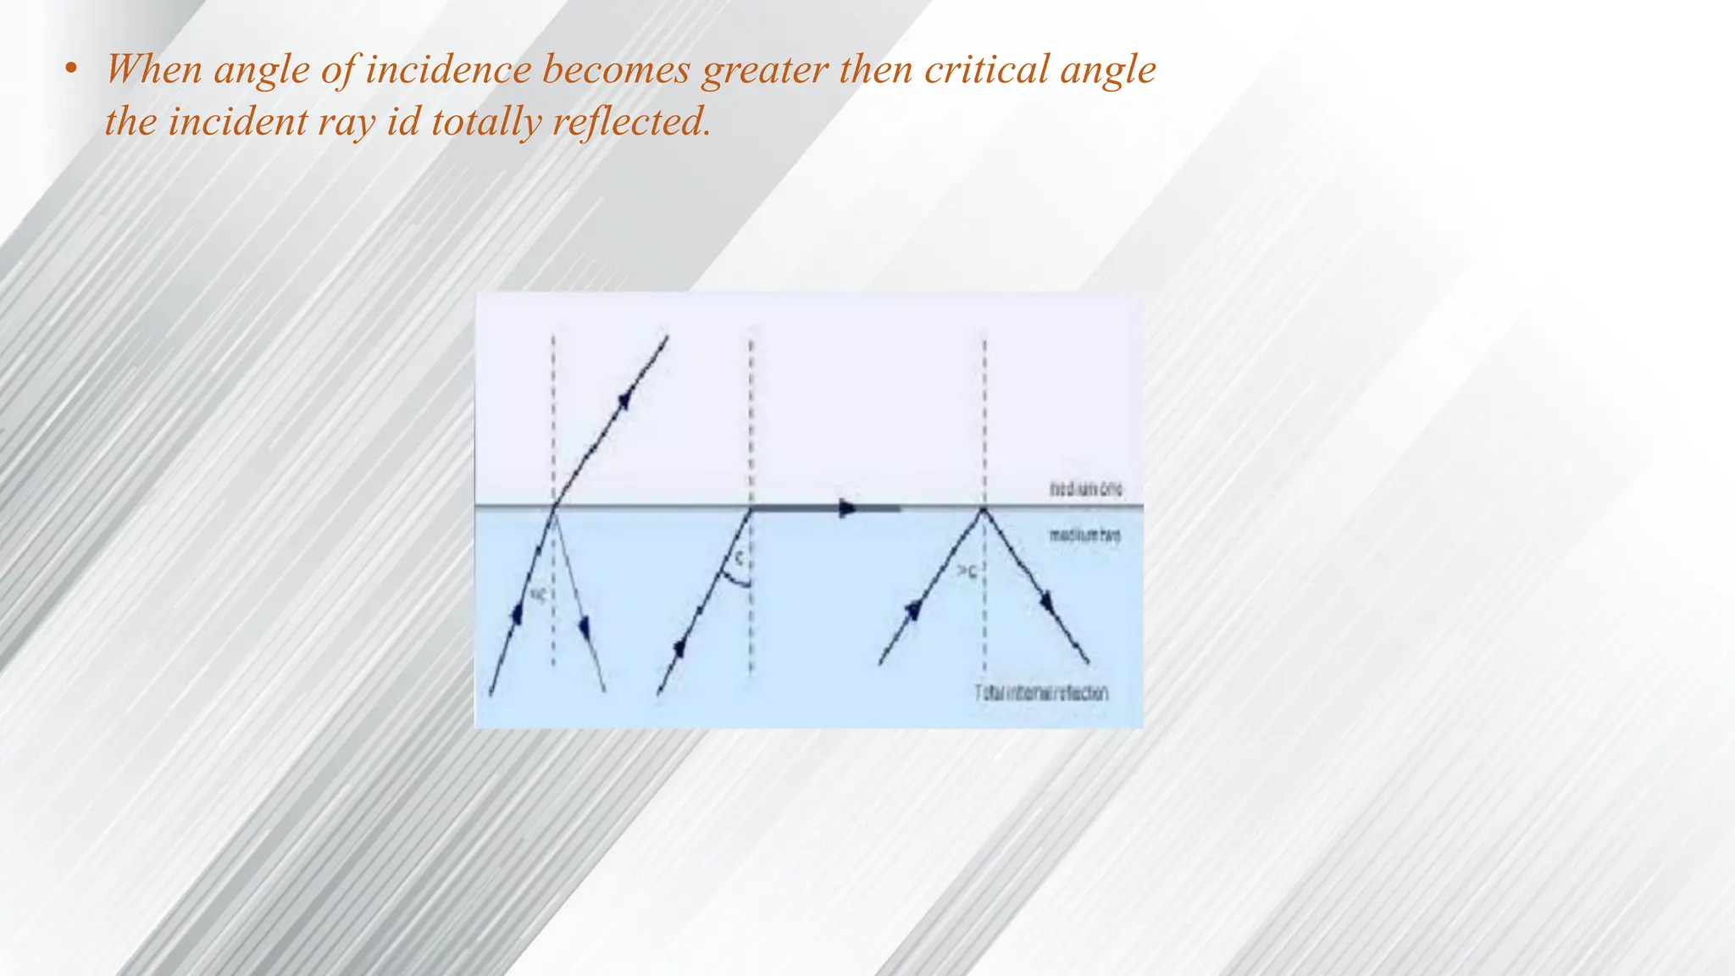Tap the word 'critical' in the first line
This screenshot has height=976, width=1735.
click(x=986, y=69)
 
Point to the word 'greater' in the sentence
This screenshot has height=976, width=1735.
click(x=766, y=69)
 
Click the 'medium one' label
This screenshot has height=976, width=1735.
click(x=1086, y=490)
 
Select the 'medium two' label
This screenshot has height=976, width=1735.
click(x=1085, y=535)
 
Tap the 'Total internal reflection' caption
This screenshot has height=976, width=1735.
click(x=1041, y=693)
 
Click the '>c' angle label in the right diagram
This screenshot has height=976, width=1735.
click(x=967, y=573)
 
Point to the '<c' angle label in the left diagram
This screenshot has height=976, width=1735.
click(x=537, y=595)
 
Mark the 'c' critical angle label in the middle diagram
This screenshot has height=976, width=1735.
click(x=739, y=558)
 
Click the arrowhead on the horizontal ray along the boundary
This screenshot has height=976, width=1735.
click(x=847, y=508)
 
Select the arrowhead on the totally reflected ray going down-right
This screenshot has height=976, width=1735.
click(x=1049, y=603)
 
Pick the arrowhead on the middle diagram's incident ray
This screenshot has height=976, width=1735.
click(x=679, y=648)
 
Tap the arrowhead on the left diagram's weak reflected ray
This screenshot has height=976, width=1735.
click(x=584, y=628)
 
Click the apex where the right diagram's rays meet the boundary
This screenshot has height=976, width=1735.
click(x=984, y=508)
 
